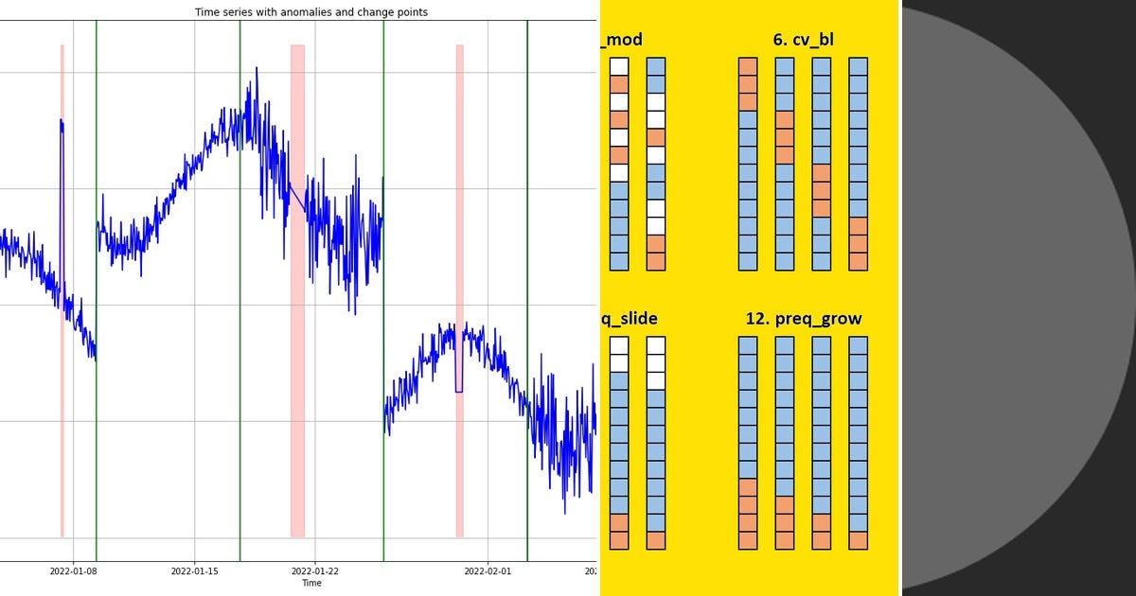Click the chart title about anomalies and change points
(311, 12)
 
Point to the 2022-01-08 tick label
(74, 570)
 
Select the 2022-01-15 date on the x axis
(194, 570)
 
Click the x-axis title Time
(311, 583)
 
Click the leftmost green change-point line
(97, 284)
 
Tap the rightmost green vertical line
(527, 284)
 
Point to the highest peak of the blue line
(257, 69)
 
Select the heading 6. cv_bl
(803, 40)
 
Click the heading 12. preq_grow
(804, 319)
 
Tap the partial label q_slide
(630, 319)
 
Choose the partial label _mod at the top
(622, 40)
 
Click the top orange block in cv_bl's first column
(748, 66)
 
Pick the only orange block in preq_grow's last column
(859, 540)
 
